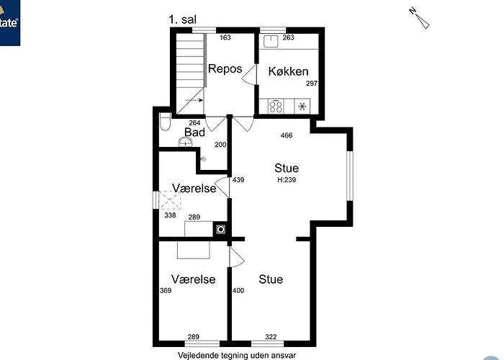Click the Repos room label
[x=225, y=69]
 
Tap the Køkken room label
[x=288, y=71]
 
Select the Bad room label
[x=195, y=132]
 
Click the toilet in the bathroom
[x=165, y=122]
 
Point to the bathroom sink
[x=186, y=141]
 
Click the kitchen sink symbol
[x=271, y=41]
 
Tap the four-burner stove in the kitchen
[x=276, y=107]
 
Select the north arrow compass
[x=420, y=18]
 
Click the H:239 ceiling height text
[x=287, y=180]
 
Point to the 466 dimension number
[x=287, y=135]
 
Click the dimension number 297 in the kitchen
[x=312, y=84]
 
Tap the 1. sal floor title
[x=183, y=19]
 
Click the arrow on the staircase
[x=194, y=100]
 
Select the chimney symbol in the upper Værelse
[x=220, y=229]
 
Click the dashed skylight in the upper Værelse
[x=170, y=200]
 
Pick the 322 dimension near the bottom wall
[x=271, y=337]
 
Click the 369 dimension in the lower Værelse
[x=166, y=291]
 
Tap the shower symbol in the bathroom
[x=202, y=158]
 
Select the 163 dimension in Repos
[x=225, y=37]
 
